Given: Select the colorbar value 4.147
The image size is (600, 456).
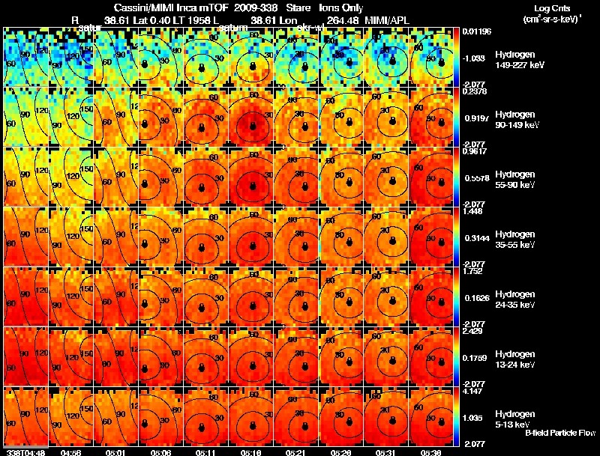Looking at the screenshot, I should [473, 390].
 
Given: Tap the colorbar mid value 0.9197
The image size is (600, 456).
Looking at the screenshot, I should [475, 118].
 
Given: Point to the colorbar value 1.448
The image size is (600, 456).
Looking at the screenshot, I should [473, 210].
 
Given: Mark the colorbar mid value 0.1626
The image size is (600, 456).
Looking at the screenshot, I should [475, 298].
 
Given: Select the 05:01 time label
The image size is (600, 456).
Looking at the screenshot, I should [115, 452].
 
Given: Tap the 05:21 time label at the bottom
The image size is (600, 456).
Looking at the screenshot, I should [298, 452].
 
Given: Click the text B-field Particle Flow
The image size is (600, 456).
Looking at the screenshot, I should [559, 433].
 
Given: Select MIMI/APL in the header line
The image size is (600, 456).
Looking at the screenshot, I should [385, 19].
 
